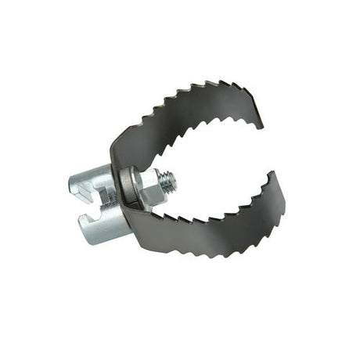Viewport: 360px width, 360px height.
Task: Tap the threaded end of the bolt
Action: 169,181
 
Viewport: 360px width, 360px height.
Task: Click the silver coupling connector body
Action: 98,203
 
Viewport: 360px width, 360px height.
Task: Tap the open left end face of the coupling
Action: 78,188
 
